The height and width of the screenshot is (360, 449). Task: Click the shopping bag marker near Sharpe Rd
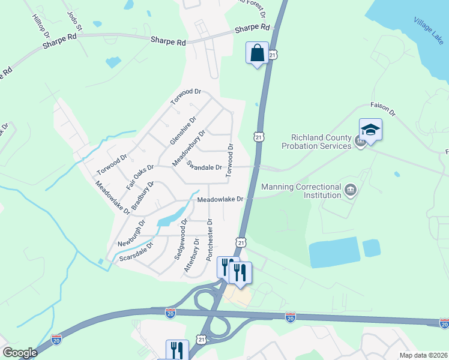257,53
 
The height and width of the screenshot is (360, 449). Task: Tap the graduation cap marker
370,130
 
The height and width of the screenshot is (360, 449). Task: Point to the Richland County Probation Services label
317,142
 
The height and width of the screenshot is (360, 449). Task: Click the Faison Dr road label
383,108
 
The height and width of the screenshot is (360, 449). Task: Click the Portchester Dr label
209,239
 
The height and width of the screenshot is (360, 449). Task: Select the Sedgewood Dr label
181,239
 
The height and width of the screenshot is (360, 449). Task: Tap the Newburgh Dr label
131,233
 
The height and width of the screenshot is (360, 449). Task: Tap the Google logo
20,353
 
